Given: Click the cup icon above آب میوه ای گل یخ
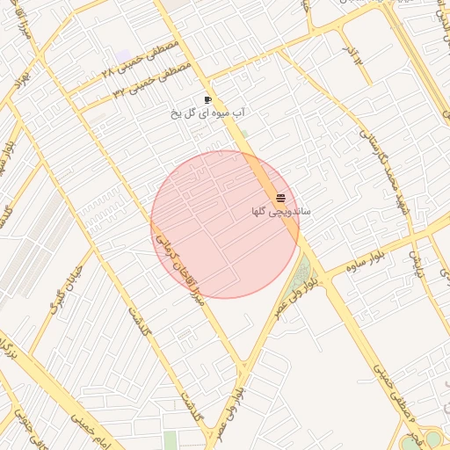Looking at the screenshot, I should pos(207,100).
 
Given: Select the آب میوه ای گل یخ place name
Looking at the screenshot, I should pos(207,113).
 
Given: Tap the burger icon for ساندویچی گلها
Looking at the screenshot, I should pos(280,198).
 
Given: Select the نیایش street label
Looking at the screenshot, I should pos(417,262).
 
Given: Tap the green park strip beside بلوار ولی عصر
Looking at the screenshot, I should pos(303,272).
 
